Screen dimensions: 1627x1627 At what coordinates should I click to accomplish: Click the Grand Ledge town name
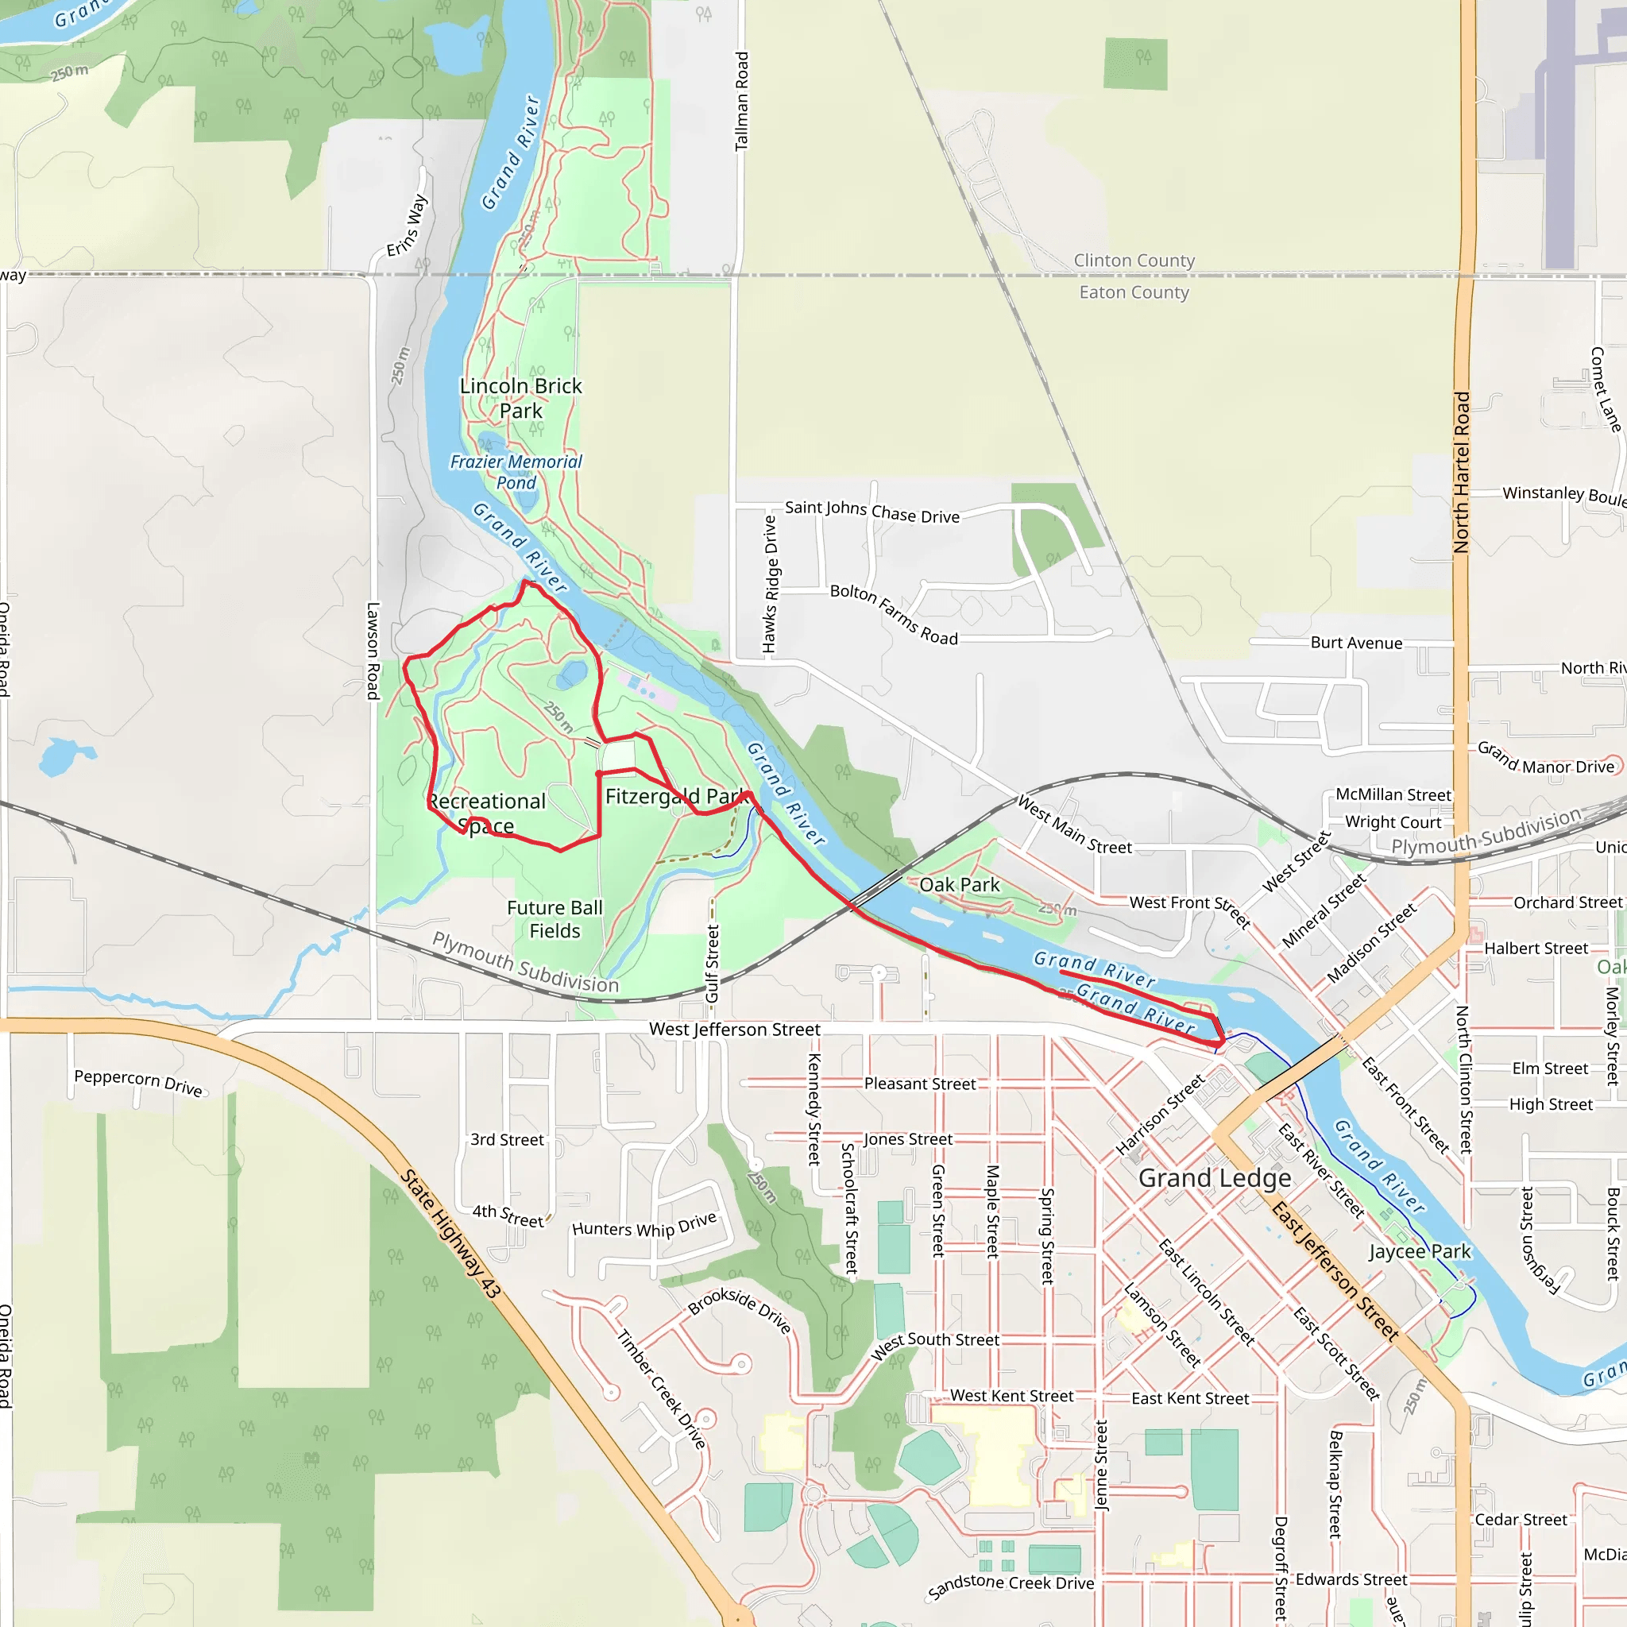(x=1215, y=1178)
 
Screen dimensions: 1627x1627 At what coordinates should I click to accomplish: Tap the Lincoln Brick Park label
(x=520, y=398)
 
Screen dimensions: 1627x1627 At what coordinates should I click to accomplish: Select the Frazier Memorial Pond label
(x=516, y=473)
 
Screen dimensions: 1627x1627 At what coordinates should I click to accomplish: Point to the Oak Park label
(x=959, y=885)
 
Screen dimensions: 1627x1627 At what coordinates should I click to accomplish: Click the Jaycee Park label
(x=1419, y=1251)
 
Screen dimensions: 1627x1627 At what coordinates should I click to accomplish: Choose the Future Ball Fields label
(x=555, y=920)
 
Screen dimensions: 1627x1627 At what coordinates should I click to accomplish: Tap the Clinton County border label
(x=1134, y=261)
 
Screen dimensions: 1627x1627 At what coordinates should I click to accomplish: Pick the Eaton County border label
(x=1134, y=292)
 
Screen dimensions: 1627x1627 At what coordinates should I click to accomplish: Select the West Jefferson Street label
(x=734, y=1029)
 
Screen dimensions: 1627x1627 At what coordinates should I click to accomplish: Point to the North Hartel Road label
(x=1462, y=472)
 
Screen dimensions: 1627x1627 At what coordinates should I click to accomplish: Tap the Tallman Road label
(x=741, y=101)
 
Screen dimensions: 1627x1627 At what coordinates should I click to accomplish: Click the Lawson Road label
(x=373, y=650)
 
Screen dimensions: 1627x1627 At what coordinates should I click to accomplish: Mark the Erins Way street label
(x=408, y=226)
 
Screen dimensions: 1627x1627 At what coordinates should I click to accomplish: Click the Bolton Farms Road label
(x=894, y=615)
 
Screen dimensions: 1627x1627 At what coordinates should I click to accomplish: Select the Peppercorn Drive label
(x=139, y=1083)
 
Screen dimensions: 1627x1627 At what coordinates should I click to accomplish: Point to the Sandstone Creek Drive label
(x=1010, y=1586)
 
